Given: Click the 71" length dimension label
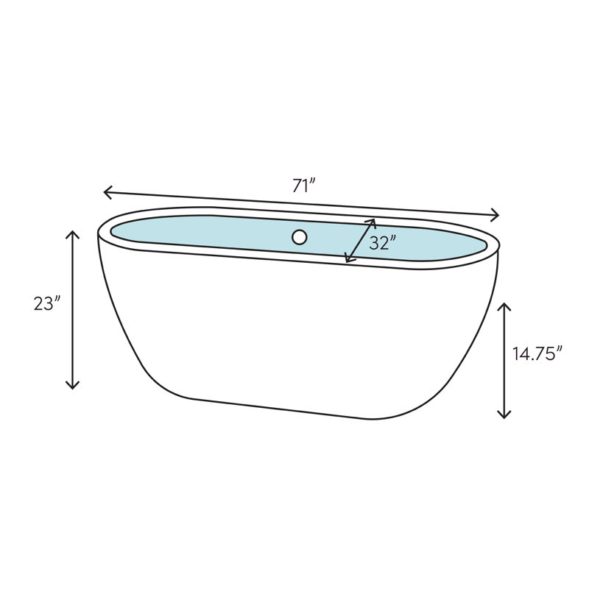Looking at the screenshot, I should (303, 186).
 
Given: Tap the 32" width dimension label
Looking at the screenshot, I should (383, 242).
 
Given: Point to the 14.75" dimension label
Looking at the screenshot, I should (537, 353).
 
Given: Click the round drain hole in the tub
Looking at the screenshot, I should (299, 237).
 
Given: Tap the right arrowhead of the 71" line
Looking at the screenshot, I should (498, 215).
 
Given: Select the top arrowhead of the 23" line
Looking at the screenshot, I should (72, 233).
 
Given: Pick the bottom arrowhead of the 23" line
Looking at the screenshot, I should (72, 387).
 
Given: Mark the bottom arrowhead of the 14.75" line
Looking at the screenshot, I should (504, 416).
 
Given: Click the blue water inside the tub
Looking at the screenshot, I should (221, 234).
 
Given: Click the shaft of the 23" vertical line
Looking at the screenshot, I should (72, 309).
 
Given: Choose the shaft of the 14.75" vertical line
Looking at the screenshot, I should (504, 361).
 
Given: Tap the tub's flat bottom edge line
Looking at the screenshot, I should (280, 409).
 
